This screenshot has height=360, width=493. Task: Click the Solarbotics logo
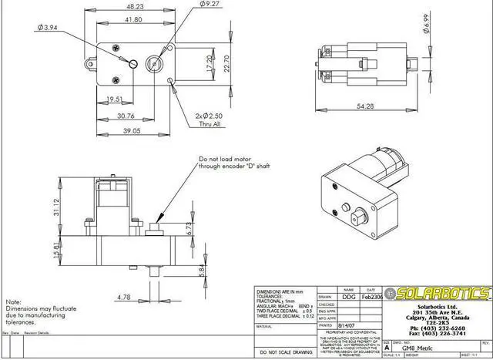coord(439,294)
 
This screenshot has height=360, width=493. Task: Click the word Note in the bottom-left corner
coord(13,302)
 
